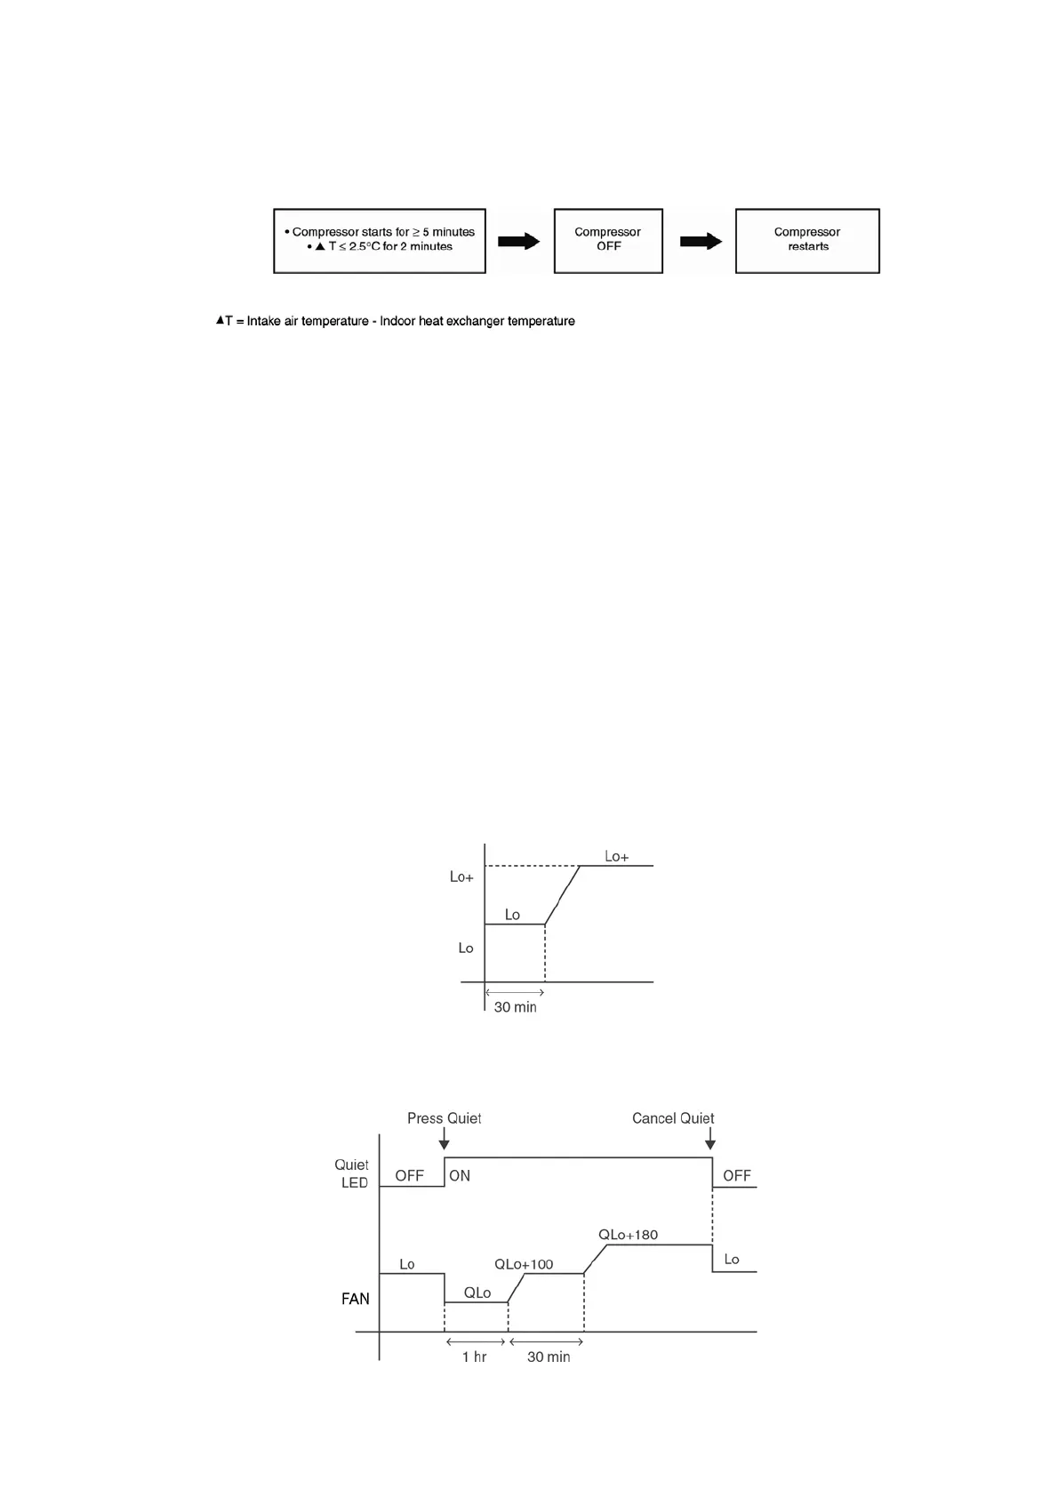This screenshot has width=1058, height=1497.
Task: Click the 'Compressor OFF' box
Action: (x=608, y=240)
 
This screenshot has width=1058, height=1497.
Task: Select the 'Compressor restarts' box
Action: (x=807, y=240)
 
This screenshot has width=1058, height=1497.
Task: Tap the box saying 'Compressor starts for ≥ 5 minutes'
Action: (x=380, y=240)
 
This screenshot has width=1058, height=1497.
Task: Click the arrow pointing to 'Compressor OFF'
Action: (x=519, y=241)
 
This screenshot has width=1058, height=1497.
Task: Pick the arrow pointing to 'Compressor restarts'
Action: (x=701, y=241)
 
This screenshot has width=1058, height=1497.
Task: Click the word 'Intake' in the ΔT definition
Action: (x=264, y=321)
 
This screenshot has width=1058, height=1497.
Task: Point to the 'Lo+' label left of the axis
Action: (x=461, y=877)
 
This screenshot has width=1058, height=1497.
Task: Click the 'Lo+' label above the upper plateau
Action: (x=616, y=857)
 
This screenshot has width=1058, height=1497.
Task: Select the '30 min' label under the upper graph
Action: (x=516, y=1007)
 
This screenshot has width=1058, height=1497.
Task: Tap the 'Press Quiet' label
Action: (x=445, y=1118)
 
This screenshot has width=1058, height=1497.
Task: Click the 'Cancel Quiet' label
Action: (x=673, y=1118)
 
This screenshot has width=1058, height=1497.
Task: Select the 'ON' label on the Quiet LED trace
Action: (x=460, y=1176)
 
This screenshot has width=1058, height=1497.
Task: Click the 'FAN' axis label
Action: (x=356, y=1299)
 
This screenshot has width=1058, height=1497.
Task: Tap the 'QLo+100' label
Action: (x=524, y=1265)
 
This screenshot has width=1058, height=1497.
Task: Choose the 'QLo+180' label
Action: (x=628, y=1235)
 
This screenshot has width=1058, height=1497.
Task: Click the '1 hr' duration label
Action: (x=474, y=1357)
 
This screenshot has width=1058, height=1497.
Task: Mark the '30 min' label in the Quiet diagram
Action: (x=549, y=1357)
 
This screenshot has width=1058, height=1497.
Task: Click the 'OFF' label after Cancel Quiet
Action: (x=737, y=1176)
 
